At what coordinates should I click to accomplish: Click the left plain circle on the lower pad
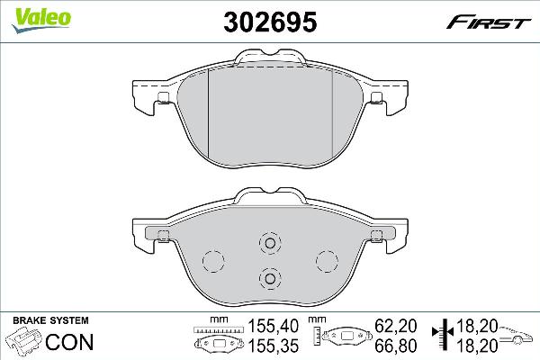[212, 260]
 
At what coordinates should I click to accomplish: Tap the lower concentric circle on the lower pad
[269, 278]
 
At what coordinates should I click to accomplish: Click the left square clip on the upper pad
[163, 98]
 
